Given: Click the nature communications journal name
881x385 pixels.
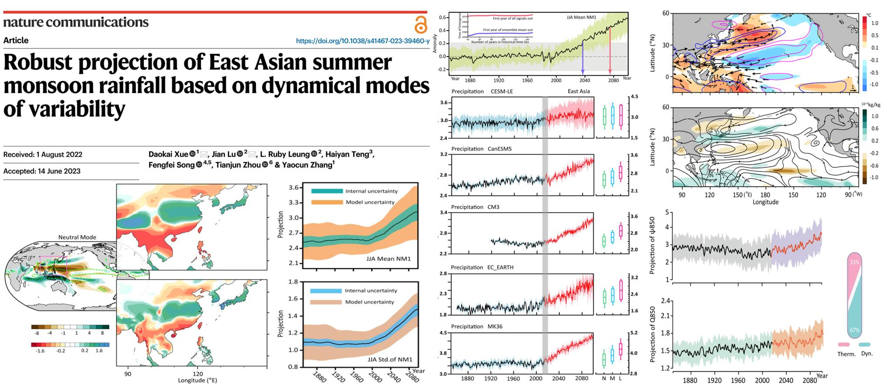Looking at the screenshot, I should [x=76, y=22].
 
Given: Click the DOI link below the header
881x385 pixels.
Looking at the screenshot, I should [x=363, y=41].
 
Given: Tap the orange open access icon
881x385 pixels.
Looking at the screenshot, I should [x=420, y=25].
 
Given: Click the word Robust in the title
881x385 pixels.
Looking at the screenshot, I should [x=38, y=62].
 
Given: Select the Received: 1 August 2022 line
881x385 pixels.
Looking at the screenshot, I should [x=43, y=155].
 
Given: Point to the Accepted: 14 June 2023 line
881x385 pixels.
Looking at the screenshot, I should [x=42, y=171].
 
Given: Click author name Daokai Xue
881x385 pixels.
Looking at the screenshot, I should [x=168, y=154].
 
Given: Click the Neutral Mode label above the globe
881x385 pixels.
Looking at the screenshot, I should [x=77, y=237].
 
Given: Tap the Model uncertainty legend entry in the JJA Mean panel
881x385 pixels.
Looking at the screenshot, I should [x=370, y=202].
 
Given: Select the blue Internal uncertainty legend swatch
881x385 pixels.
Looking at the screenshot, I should [x=325, y=290].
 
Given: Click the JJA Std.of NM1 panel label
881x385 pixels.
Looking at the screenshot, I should [x=390, y=359].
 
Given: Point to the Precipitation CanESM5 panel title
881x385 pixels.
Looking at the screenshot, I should [x=481, y=149].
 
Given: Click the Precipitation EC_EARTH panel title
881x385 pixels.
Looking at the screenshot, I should [x=482, y=267].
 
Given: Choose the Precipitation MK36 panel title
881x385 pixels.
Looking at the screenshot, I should [x=477, y=327].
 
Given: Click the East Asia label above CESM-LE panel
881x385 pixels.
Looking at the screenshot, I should [x=579, y=91].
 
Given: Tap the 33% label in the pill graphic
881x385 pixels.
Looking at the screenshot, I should [x=854, y=263].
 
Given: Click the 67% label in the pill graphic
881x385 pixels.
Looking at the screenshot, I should [x=854, y=330].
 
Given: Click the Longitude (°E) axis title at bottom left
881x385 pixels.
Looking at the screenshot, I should [x=197, y=380].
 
